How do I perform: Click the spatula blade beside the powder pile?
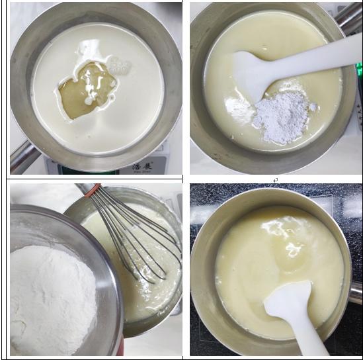click(255, 73)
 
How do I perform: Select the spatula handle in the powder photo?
click(317, 53)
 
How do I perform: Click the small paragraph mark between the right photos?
click(275, 179)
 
